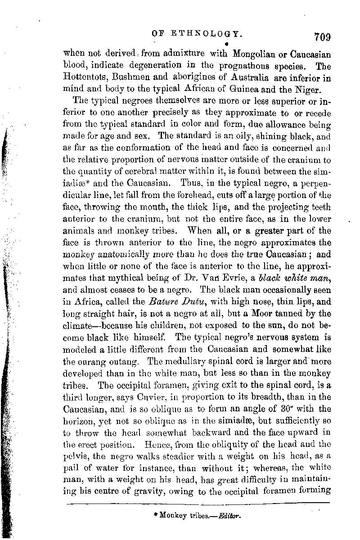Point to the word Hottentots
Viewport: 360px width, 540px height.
[x=86, y=78]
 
